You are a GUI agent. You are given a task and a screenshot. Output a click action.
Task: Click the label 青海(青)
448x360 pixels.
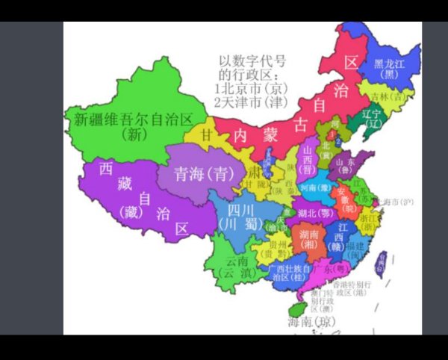(x=199, y=175)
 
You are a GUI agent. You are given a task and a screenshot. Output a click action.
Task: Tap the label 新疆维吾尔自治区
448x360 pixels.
(x=140, y=119)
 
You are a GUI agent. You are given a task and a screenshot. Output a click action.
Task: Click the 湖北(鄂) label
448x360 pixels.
(x=315, y=213)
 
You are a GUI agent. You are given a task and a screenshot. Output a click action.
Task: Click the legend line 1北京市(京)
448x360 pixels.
(x=252, y=89)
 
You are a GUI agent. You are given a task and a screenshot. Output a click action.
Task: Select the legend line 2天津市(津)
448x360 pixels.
(x=252, y=102)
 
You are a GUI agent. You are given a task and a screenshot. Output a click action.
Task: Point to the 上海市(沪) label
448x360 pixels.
(x=397, y=202)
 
